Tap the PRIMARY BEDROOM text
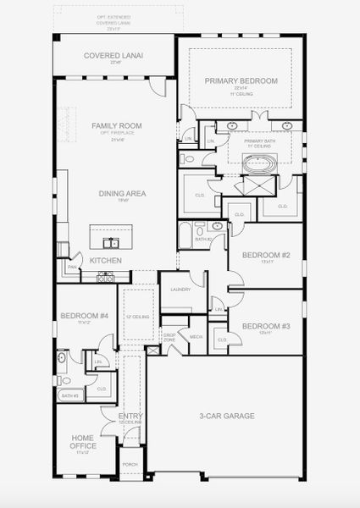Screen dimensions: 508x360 pos(241,80)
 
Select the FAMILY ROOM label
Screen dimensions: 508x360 pos(116,125)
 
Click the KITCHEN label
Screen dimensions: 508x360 pos(106,260)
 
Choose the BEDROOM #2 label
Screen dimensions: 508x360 pos(266,255)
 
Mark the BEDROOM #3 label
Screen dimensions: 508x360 pos(266,326)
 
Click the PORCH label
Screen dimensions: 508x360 pos(130,464)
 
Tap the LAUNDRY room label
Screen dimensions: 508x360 pos(180,290)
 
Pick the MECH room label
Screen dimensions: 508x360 pos(196,336)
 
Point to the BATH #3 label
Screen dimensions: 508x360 pos(69,395)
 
